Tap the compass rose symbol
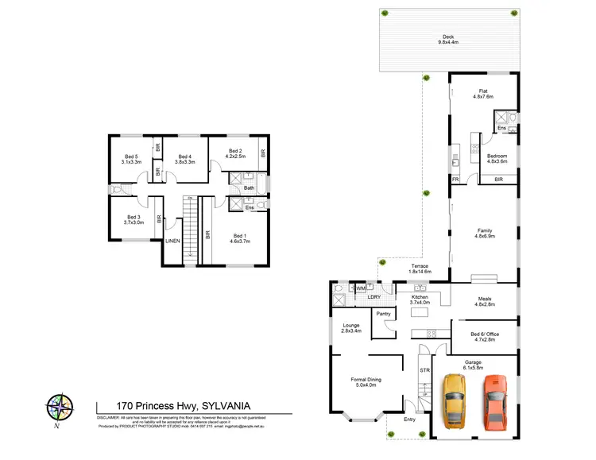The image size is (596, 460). point(57,408)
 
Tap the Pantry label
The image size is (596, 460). point(384,314)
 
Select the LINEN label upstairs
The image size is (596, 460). point(172,242)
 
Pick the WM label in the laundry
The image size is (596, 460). point(360,288)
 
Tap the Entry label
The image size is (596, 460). point(409,419)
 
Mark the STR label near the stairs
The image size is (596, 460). point(424,370)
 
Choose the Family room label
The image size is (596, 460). point(484,233)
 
